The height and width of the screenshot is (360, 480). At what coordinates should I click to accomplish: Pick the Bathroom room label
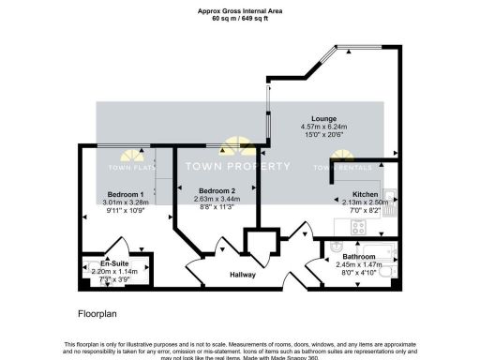click(358, 256)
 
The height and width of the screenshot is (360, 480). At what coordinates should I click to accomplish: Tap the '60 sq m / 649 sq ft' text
click(239, 18)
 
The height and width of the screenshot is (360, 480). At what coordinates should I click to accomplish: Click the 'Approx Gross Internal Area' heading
click(239, 9)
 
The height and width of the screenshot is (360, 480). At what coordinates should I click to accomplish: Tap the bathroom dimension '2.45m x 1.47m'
click(358, 264)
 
